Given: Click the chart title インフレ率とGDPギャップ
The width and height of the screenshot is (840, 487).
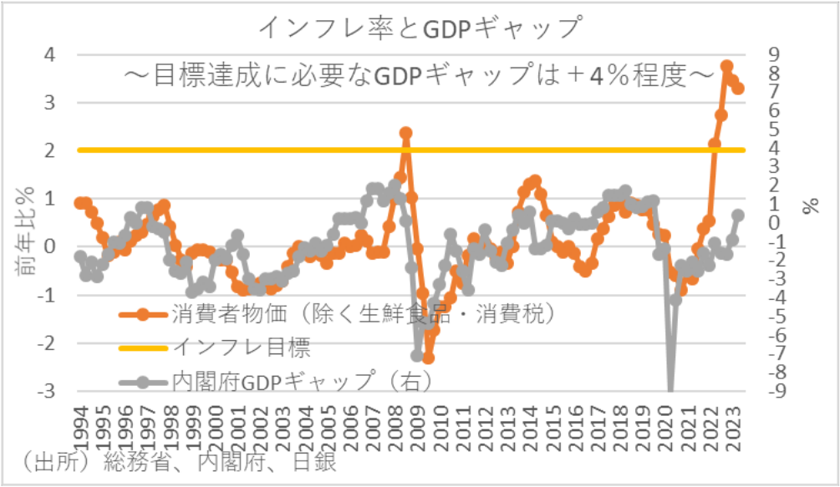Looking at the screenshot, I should pos(420,28).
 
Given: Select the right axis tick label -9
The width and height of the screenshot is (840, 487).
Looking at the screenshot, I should pos(778,391).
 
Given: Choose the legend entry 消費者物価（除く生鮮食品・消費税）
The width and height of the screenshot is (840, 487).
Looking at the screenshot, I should pos(364,316).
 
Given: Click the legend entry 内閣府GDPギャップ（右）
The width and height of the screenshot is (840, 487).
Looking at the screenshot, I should pos(301,382).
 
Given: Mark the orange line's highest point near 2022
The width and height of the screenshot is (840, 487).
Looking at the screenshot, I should pos(727,66).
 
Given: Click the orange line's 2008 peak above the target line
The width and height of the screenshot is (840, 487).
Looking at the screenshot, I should pos(406,133).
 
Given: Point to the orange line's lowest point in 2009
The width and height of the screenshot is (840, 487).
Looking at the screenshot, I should pos(428,358).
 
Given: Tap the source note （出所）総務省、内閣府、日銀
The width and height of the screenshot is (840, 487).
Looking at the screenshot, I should pos(176,462).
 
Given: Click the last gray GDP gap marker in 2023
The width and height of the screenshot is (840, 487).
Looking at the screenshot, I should pos(739,215).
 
